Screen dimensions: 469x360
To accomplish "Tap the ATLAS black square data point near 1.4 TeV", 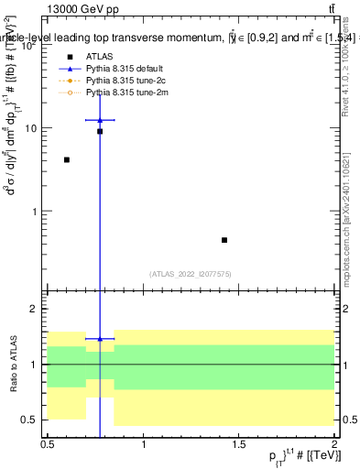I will pos(224,240).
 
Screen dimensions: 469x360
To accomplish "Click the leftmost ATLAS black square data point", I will pos(67,159).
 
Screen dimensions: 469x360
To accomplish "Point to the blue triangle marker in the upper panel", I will pos(100,120).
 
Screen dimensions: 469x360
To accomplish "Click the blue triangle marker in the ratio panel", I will pos(100,339).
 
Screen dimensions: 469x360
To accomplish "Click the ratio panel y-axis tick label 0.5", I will pos(34,420).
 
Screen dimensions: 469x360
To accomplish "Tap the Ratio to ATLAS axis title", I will pos(12,365).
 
